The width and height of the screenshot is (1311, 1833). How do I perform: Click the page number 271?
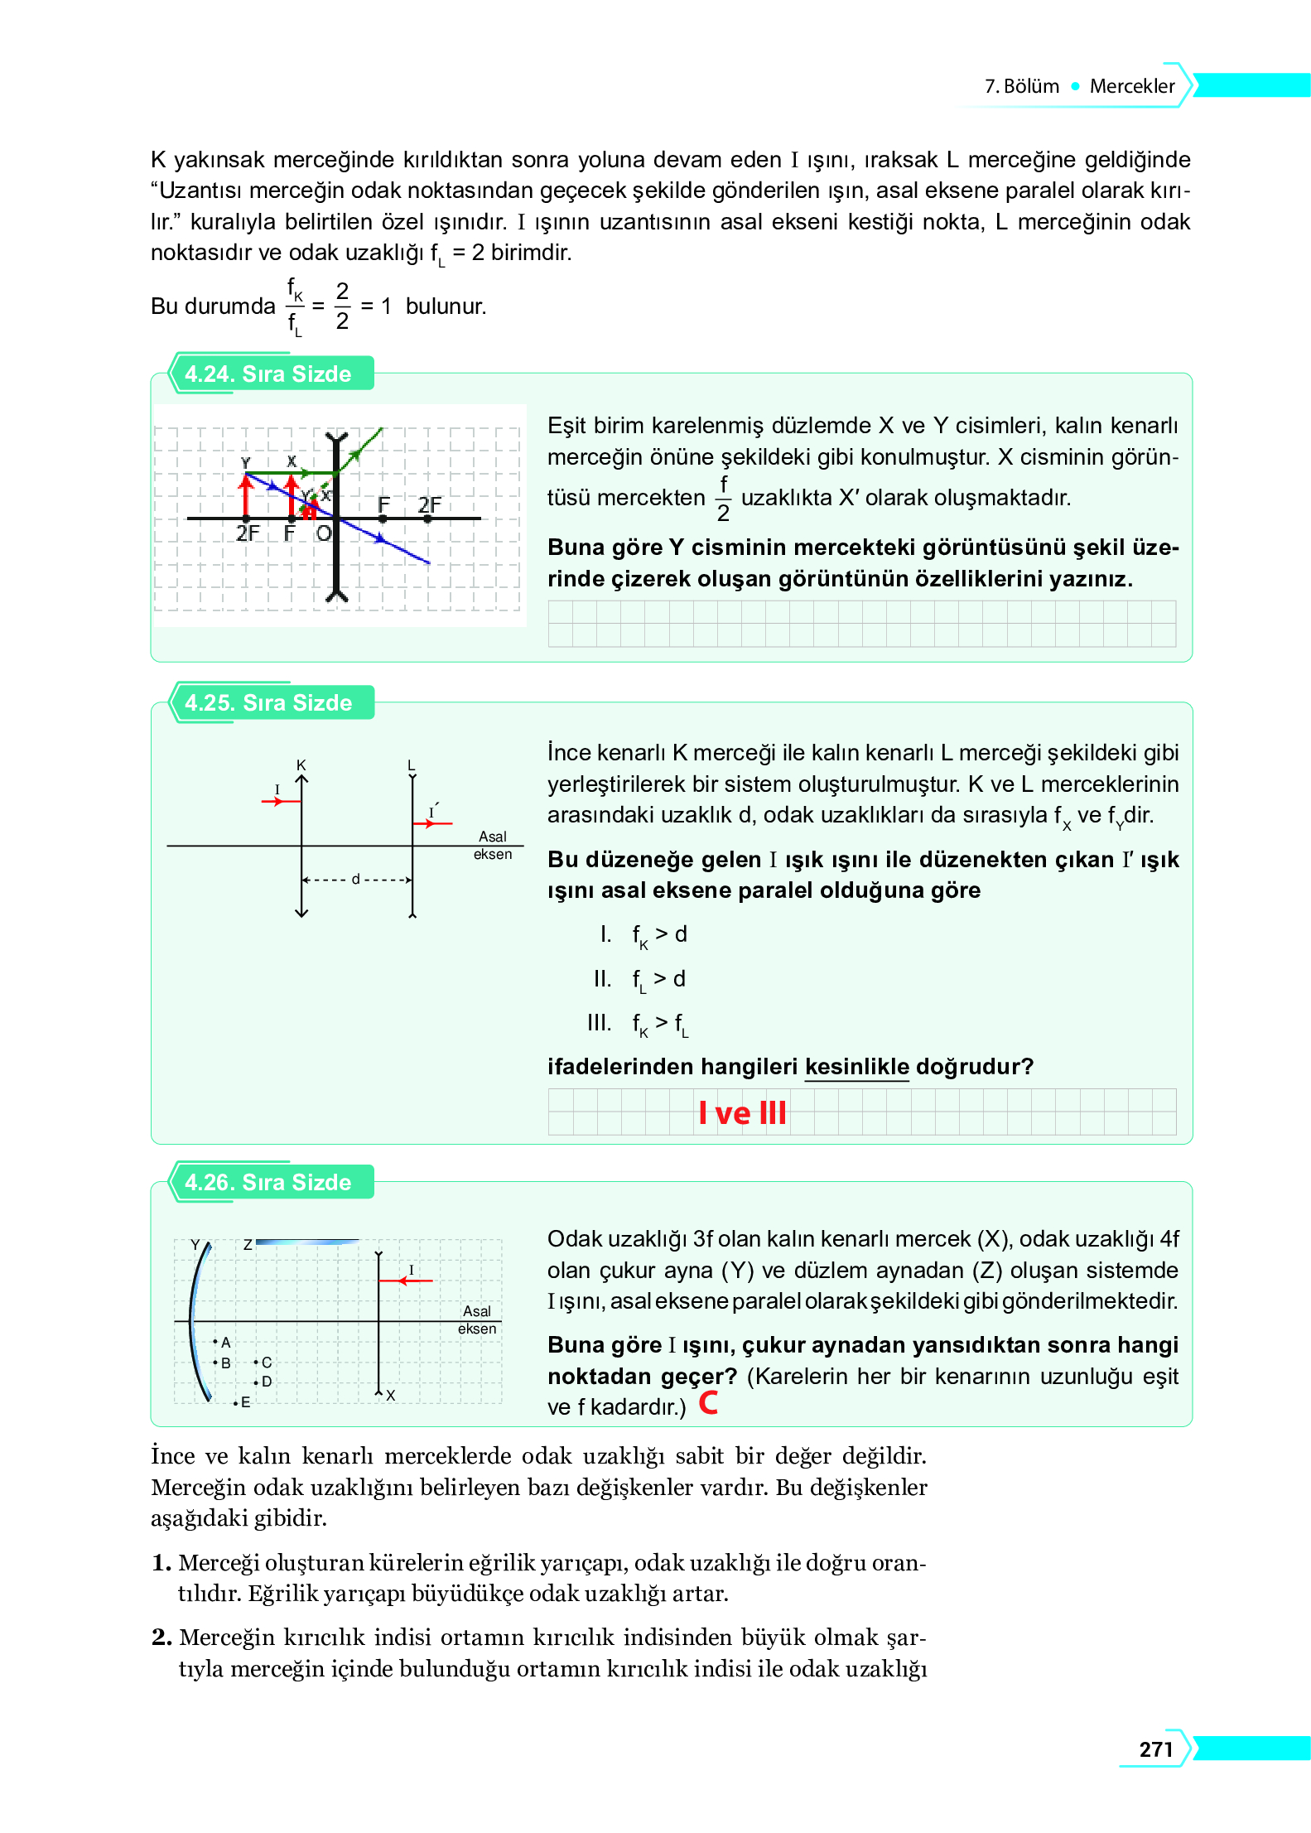[1155, 1749]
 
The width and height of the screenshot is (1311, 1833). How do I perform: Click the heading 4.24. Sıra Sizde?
[268, 374]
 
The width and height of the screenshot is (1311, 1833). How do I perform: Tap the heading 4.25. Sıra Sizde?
[268, 702]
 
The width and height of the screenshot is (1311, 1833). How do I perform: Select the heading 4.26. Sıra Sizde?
[268, 1182]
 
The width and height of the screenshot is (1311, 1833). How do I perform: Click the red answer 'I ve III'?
[742, 1112]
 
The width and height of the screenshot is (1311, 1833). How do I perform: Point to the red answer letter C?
[708, 1402]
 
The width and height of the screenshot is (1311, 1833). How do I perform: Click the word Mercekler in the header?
[1131, 86]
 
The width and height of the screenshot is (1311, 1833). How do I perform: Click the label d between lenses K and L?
[356, 879]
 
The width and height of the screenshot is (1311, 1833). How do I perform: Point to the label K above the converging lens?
[301, 765]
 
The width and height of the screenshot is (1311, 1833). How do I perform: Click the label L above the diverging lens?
[411, 765]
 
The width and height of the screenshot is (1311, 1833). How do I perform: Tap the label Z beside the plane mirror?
[248, 1244]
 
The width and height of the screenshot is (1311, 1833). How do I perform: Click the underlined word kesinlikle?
[856, 1066]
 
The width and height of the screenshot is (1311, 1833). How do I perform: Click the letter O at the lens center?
[323, 533]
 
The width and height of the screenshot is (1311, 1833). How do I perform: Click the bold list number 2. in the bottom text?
[162, 1638]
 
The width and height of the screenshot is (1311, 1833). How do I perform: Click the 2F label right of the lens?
[429, 504]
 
